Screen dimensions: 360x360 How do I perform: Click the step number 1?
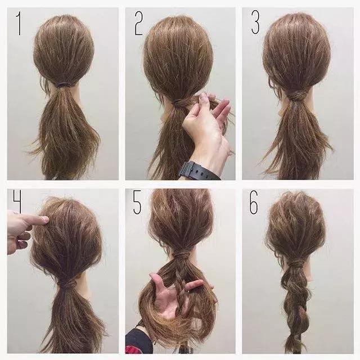point(19,24)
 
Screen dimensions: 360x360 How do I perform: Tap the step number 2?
point(139,24)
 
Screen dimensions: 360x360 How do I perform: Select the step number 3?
point(255,22)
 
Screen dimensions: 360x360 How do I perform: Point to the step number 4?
point(17,201)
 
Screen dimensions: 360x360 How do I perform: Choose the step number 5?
point(137,202)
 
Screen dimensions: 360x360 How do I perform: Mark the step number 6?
point(254,202)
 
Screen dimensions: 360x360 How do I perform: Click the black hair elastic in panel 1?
point(64,85)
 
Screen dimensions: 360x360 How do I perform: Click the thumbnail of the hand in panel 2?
point(203,97)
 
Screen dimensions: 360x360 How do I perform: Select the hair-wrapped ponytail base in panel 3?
point(298,95)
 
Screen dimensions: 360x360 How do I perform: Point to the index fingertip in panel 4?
point(45,220)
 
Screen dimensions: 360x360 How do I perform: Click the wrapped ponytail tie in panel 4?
point(67,284)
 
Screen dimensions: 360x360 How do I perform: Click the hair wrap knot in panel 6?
point(296,263)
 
